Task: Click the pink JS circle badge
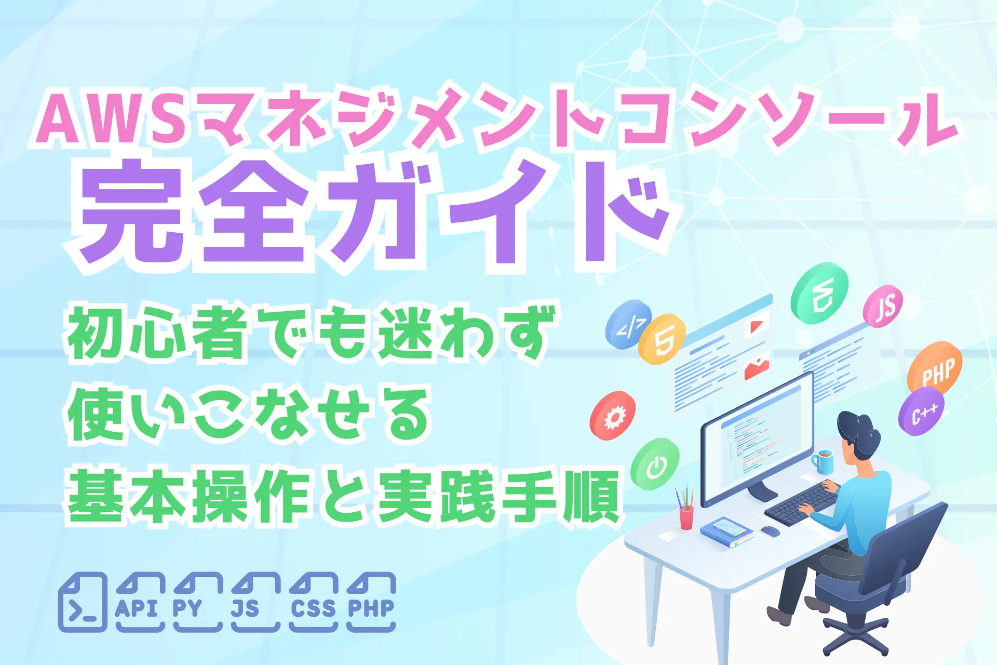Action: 883,305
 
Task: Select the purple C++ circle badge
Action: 921,412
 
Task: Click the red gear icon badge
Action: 613,416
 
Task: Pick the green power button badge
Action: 655,464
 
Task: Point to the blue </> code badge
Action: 628,325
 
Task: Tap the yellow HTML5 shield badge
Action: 662,339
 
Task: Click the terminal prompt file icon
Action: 83,603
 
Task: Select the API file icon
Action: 140,603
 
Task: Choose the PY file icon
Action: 197,603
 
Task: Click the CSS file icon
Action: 313,603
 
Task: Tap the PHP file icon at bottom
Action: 371,603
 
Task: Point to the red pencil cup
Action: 686,517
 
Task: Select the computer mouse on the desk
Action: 770,531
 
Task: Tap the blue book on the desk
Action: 726,532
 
